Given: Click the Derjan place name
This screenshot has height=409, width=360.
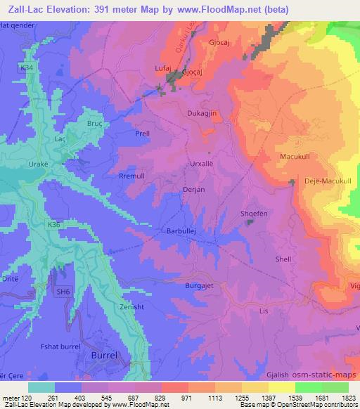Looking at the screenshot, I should click(193, 190).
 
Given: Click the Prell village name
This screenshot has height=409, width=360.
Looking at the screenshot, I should click(142, 132).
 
